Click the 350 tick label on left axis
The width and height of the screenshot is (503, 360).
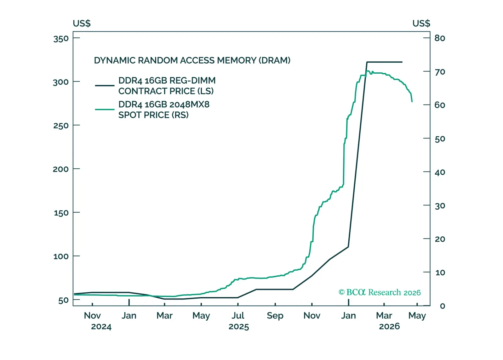click(x=61, y=39)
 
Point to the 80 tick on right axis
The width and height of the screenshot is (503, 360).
click(x=440, y=38)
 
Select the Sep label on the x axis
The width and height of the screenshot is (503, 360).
click(x=275, y=315)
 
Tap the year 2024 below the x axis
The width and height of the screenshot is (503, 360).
click(x=101, y=327)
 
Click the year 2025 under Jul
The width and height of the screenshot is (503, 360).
click(x=238, y=327)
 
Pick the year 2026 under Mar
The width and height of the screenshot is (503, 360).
click(x=389, y=326)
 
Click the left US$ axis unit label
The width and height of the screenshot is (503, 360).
click(x=82, y=23)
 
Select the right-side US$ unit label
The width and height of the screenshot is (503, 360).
click(x=421, y=23)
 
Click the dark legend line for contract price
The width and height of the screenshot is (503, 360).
click(x=105, y=85)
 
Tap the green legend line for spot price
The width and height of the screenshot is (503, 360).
click(x=105, y=110)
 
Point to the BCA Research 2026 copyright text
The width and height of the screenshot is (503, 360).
click(x=380, y=292)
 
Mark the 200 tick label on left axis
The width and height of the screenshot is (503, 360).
click(x=61, y=169)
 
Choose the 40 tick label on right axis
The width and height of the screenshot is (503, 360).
click(x=440, y=172)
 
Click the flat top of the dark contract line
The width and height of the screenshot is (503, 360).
click(x=384, y=62)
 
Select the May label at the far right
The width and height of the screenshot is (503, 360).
click(x=417, y=315)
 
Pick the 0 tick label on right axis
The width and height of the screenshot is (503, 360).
click(x=442, y=306)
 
